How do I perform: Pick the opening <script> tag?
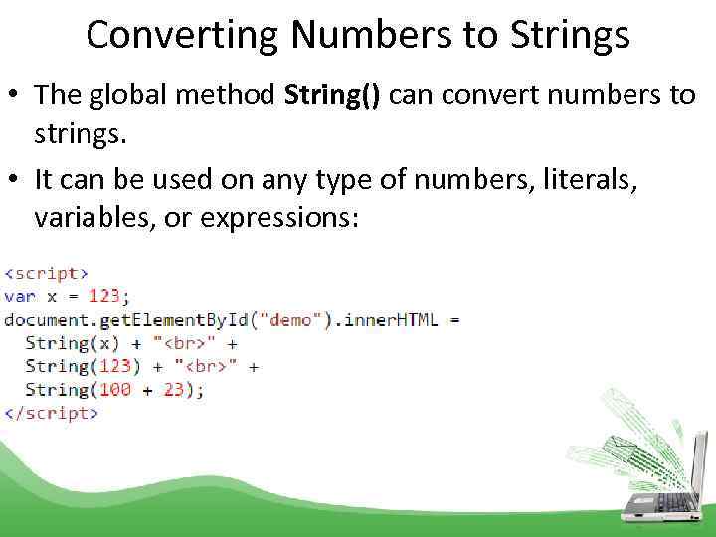point(47,272)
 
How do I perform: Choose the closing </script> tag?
point(52,413)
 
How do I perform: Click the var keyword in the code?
point(20,295)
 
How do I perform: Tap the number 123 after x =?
point(107,295)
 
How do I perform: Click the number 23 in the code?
point(175,390)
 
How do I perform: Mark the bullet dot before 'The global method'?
point(13,96)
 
